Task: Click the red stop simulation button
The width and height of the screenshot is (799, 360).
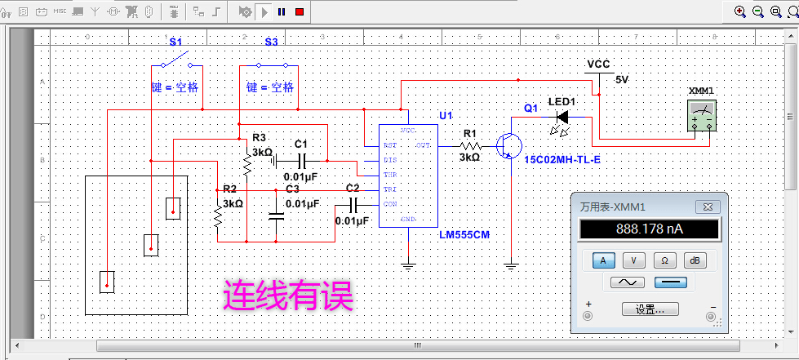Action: [x=300, y=11]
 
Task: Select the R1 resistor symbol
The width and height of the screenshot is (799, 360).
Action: [x=470, y=145]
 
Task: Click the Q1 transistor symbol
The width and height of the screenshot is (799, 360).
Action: [x=510, y=145]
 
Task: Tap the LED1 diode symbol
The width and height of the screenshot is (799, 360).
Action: [x=562, y=117]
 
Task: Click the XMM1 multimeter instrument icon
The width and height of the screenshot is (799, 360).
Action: [x=702, y=118]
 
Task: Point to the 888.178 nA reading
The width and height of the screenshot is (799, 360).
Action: [x=649, y=229]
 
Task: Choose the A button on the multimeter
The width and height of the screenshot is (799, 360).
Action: [x=603, y=260]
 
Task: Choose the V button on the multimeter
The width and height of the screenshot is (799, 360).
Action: [x=633, y=260]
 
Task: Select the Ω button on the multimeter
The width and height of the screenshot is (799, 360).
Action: [x=664, y=260]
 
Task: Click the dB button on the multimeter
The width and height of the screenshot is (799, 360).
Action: [x=695, y=260]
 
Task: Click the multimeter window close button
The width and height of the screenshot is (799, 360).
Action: [x=702, y=207]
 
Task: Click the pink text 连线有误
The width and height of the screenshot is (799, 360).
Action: [x=288, y=296]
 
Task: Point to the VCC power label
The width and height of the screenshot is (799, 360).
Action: [x=598, y=64]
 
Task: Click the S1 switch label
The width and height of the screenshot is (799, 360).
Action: [x=175, y=41]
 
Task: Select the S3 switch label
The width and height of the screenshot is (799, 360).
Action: [x=271, y=41]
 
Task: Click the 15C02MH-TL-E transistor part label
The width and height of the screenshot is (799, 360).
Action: [x=562, y=160]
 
